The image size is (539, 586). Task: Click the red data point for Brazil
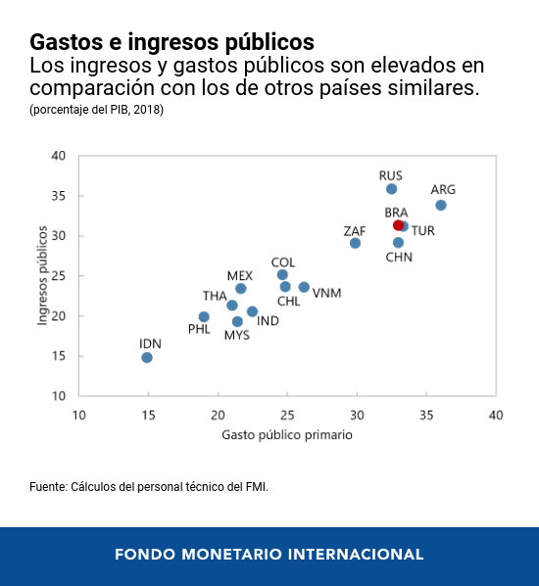click(x=398, y=225)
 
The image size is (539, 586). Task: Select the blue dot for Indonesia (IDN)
click(x=147, y=358)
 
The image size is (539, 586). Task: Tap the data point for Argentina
click(x=441, y=205)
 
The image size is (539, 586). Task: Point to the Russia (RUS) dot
click(x=391, y=189)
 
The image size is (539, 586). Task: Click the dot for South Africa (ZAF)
click(x=355, y=243)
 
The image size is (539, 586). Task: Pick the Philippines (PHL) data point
click(x=204, y=317)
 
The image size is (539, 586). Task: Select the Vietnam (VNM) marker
click(x=304, y=287)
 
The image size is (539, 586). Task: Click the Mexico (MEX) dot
click(x=241, y=288)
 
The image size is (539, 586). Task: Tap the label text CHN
click(x=399, y=258)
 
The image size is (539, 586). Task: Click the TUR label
click(x=423, y=230)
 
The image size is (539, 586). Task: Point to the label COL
click(x=282, y=262)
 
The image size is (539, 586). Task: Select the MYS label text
click(x=236, y=335)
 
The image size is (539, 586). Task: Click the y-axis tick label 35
click(x=58, y=196)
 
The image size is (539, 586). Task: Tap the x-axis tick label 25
click(x=287, y=415)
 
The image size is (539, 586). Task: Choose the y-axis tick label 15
click(x=58, y=357)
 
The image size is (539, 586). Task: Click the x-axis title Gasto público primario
click(x=287, y=434)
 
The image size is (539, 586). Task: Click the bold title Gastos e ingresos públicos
click(x=171, y=42)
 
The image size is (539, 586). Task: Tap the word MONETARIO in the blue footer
click(x=241, y=555)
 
